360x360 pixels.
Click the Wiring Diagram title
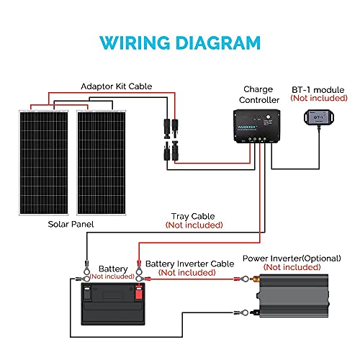click(x=180, y=41)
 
